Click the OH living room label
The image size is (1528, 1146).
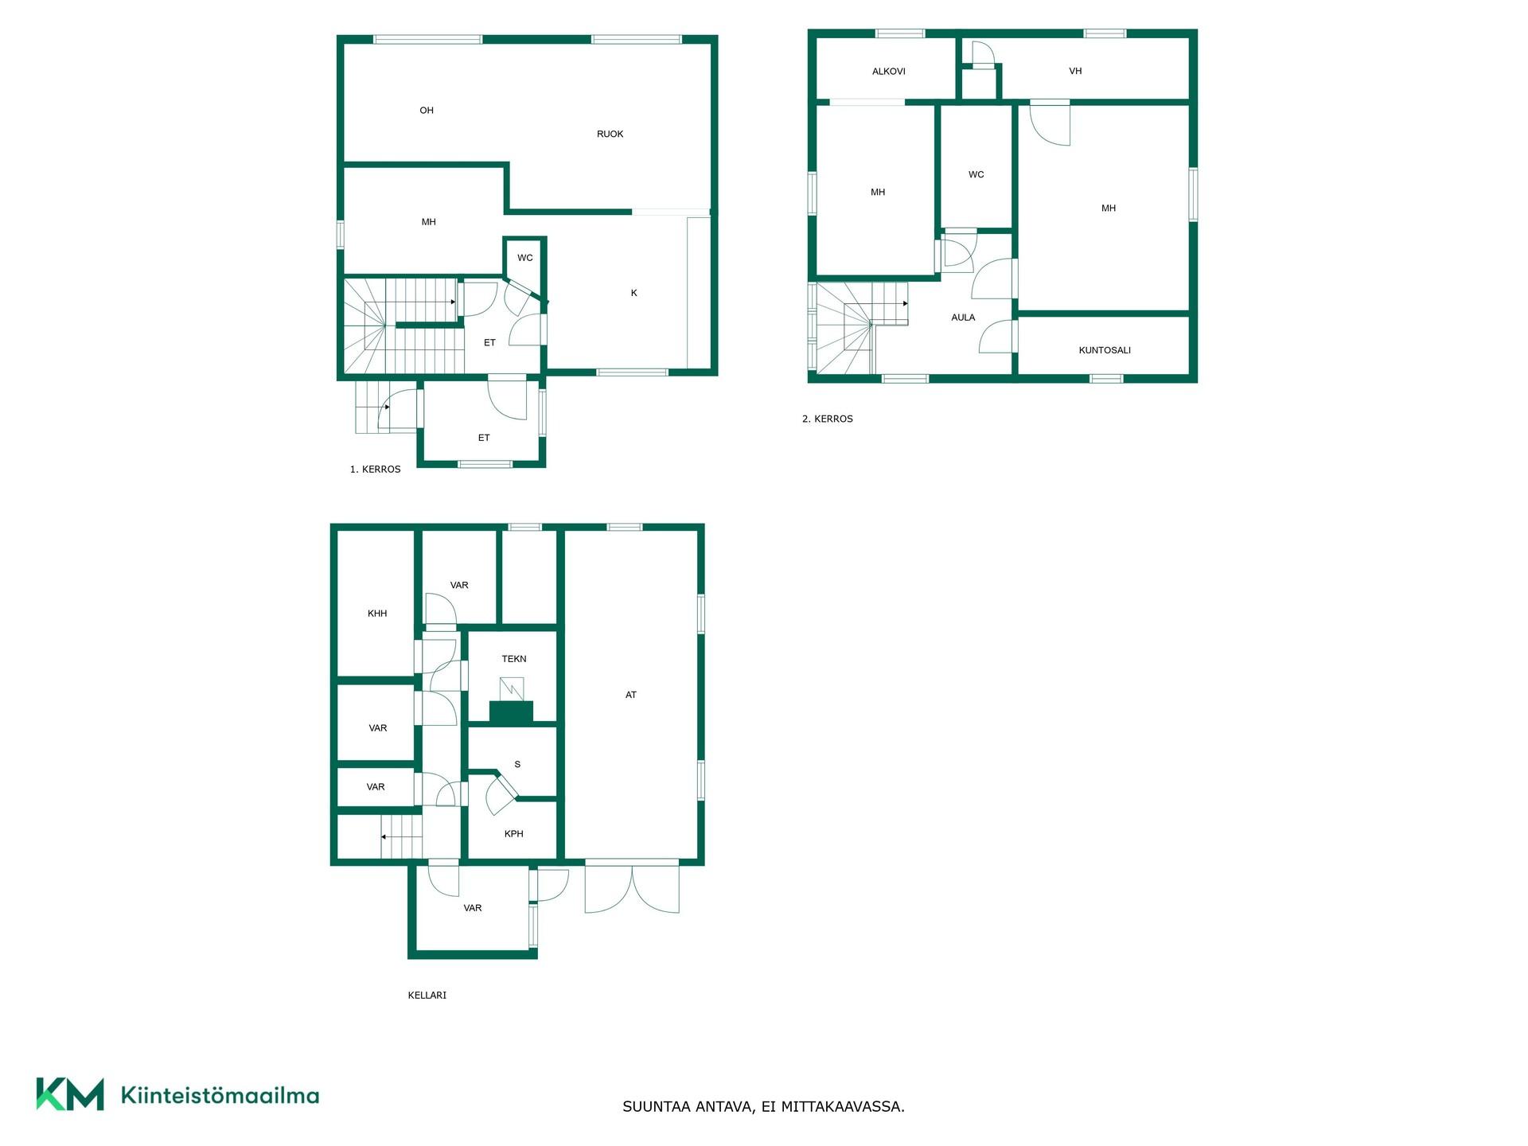427,111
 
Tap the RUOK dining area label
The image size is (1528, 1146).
610,134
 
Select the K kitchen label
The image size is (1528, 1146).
634,293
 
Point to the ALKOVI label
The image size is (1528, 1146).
888,72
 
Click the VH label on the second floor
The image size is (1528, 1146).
1075,72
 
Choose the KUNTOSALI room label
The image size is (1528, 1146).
1105,350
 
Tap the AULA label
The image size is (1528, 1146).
963,318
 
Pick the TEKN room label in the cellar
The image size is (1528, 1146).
514,659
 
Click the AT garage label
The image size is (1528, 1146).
631,695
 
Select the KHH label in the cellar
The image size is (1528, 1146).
377,614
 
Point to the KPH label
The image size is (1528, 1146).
514,834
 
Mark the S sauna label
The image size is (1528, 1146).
517,765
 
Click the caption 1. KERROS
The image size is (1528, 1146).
375,470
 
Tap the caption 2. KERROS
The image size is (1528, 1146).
827,419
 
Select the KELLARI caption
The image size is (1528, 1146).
427,996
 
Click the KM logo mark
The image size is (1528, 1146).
70,1094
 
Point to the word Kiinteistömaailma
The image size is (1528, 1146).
220,1096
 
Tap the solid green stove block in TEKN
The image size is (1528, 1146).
511,713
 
